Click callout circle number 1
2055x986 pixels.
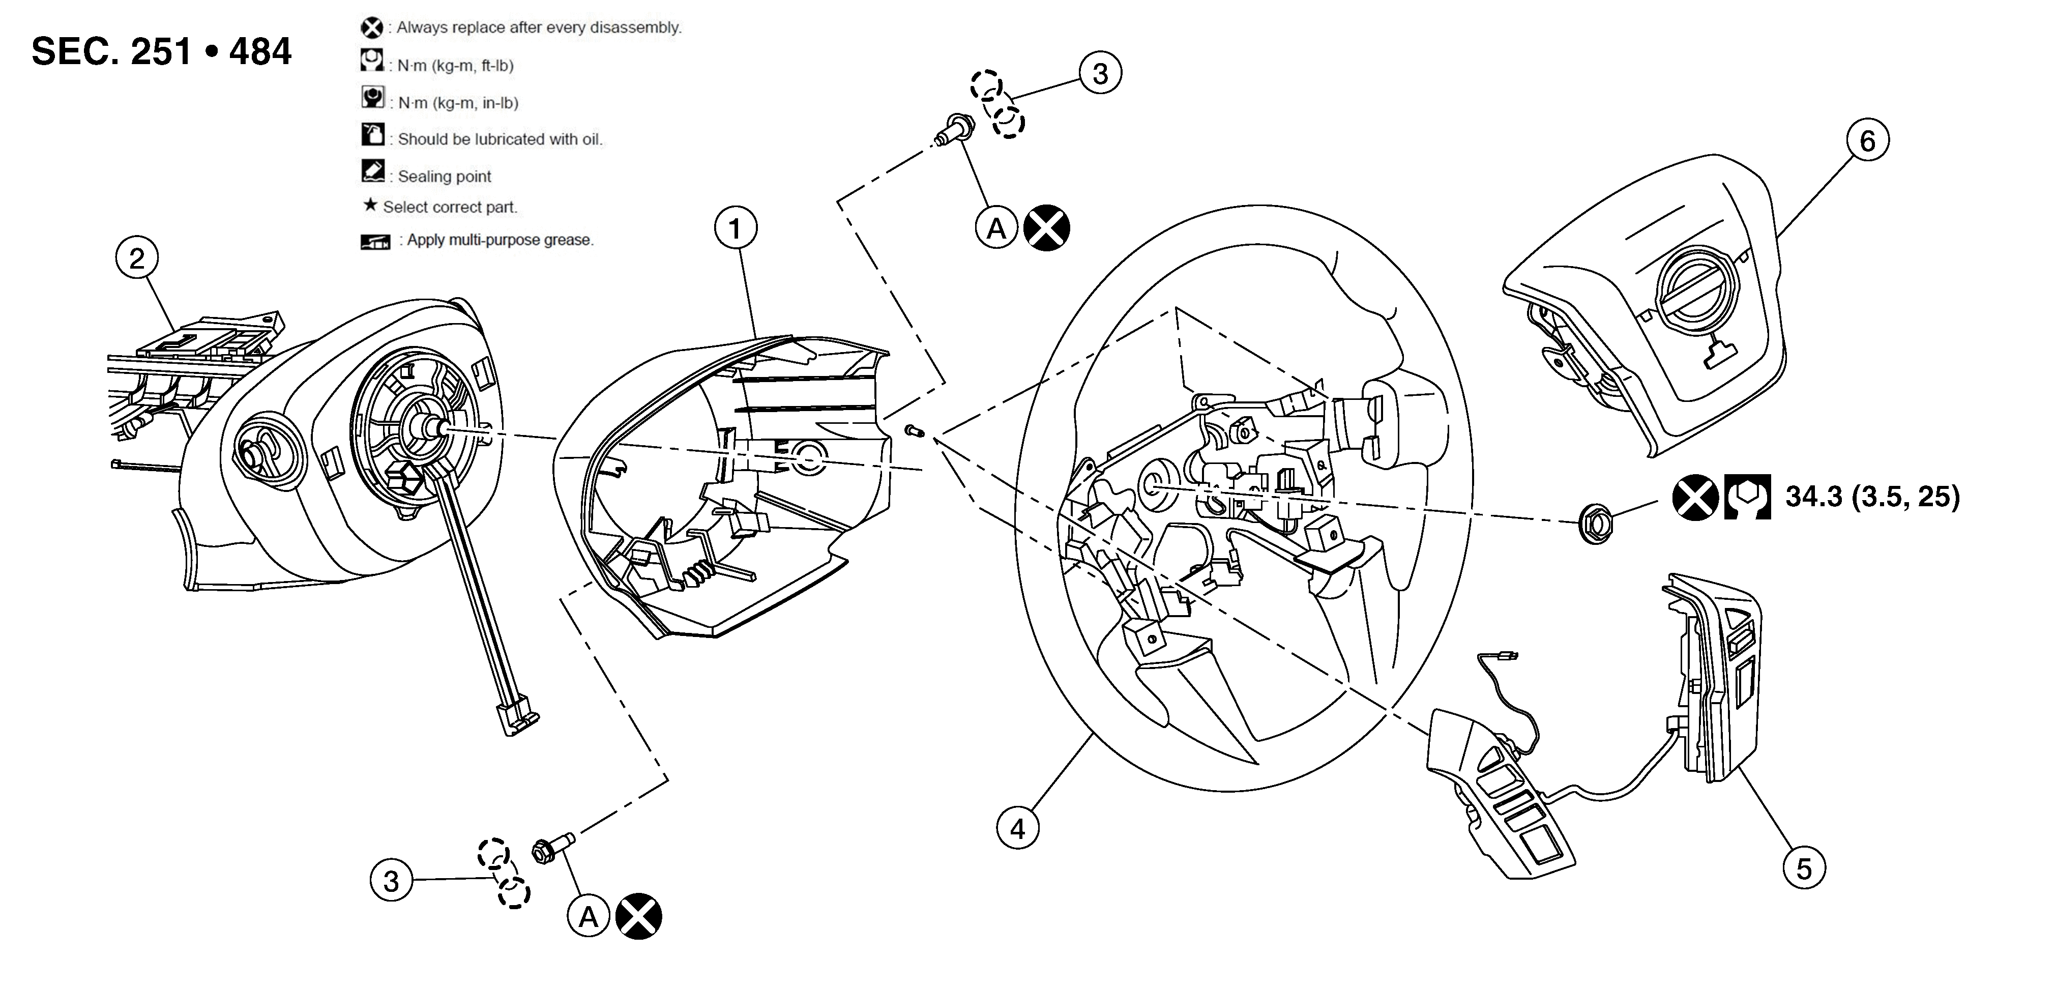pos(735,229)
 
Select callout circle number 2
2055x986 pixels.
pos(136,258)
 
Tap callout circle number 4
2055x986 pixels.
pos(1018,829)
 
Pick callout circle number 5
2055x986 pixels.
pos(1804,869)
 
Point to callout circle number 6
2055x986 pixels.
pos(1867,141)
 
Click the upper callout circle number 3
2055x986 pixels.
pos(1100,73)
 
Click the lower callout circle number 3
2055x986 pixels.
pos(391,881)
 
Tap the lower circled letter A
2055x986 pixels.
pos(589,917)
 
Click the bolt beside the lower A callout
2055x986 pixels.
pos(552,849)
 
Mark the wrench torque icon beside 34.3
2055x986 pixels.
pos(1747,497)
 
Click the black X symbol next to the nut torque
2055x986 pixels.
pos(1694,497)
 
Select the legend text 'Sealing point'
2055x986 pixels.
pos(445,177)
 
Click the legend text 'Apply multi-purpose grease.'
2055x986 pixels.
pos(500,240)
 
